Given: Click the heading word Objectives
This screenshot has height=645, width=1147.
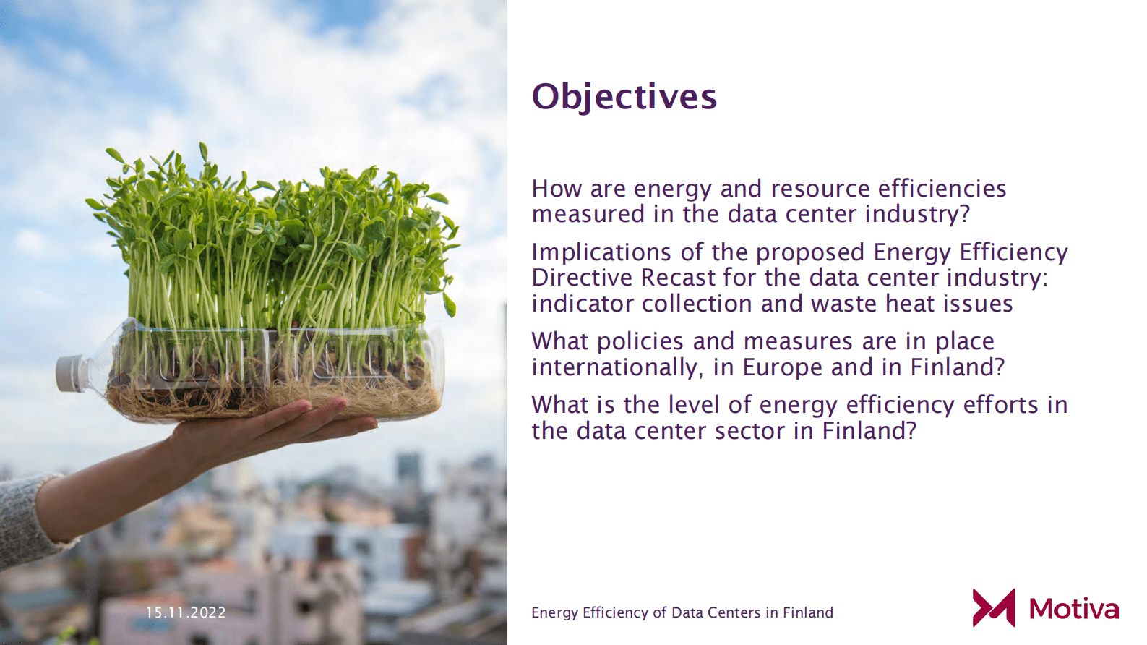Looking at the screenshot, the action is click(624, 98).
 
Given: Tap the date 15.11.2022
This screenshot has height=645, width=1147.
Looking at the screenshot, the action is click(186, 612).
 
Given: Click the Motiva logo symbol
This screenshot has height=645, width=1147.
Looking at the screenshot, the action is click(993, 607).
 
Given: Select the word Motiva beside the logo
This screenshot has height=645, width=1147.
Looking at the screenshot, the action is click(1074, 609).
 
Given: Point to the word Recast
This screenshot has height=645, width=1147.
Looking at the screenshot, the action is click(677, 278).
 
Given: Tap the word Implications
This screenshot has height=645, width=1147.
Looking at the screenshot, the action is click(601, 253).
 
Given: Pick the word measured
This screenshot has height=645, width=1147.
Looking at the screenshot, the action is click(588, 214).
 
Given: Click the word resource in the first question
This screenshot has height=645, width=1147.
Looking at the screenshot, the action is click(820, 189).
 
